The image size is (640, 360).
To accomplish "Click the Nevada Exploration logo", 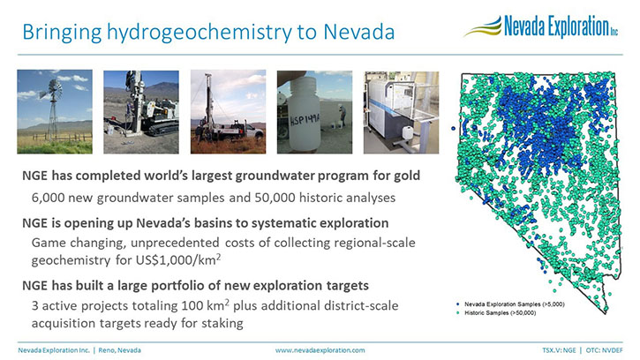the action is click(541, 26).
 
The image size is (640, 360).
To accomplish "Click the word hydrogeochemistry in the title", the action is click(200, 33).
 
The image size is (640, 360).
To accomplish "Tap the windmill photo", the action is click(55, 112).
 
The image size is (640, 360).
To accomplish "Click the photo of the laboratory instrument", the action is click(402, 112).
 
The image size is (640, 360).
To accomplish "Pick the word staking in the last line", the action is click(222, 323).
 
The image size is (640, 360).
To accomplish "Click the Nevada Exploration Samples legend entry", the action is click(510, 304).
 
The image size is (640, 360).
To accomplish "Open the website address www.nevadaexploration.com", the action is click(320, 350).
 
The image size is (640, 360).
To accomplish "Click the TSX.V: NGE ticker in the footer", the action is click(559, 350).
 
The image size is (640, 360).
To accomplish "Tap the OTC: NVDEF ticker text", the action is click(605, 350).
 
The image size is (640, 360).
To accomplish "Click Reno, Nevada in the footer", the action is click(119, 350).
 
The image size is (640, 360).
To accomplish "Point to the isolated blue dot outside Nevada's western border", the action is click(453, 129).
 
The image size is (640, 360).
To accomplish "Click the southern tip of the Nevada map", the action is click(606, 313).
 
